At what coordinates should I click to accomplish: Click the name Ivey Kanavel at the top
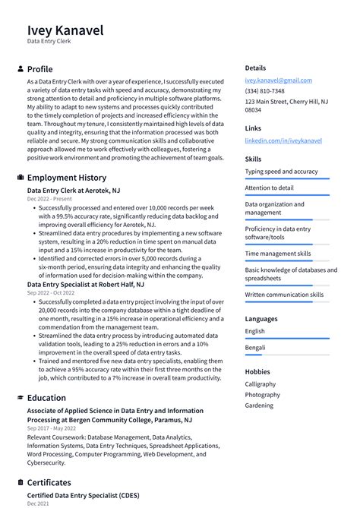tap(65, 30)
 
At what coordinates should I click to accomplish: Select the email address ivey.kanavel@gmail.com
tap(278, 80)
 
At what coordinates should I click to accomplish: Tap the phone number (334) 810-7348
tap(265, 90)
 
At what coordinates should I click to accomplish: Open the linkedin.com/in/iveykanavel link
tap(283, 140)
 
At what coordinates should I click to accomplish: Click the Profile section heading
tap(39, 69)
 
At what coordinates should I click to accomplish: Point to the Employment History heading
tap(67, 178)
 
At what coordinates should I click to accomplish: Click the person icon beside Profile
tap(20, 69)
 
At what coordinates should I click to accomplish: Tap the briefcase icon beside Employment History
tap(20, 178)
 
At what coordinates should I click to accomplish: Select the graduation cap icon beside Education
tap(20, 398)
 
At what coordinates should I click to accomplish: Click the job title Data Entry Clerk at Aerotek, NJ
tap(74, 191)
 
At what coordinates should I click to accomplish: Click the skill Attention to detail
tap(269, 188)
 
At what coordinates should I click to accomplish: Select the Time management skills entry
tap(277, 254)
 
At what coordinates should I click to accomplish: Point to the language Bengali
tap(256, 348)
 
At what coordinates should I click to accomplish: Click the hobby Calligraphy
tap(261, 384)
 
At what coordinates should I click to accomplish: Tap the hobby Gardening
tap(260, 405)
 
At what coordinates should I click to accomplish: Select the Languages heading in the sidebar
tap(262, 319)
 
